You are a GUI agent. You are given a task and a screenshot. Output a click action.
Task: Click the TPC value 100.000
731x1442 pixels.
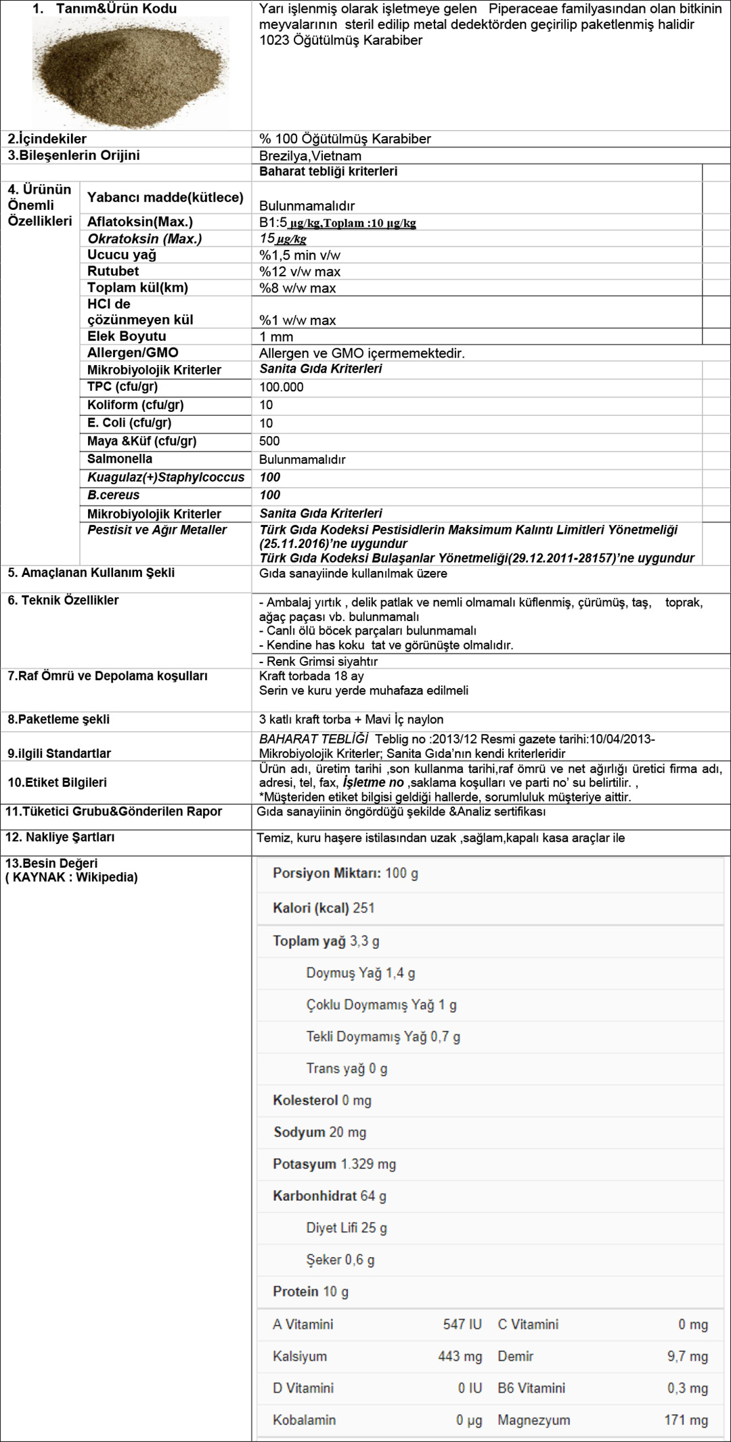coord(282,387)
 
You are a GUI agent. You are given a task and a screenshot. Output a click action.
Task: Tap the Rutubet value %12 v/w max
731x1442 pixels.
coord(300,272)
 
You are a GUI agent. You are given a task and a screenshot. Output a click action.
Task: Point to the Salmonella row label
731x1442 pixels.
coord(120,459)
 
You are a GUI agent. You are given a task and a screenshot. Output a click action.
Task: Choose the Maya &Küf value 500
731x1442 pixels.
coord(269,441)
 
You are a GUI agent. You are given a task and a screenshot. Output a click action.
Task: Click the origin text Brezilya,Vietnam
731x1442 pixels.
coord(310,156)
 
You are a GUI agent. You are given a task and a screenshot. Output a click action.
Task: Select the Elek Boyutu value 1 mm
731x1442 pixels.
coord(276,337)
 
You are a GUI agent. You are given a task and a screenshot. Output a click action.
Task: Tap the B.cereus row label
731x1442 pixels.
coord(113,495)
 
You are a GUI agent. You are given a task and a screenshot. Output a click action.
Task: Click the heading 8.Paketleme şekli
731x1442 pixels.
coord(59,719)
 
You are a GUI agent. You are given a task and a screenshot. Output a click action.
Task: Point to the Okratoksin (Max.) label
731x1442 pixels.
coord(145,238)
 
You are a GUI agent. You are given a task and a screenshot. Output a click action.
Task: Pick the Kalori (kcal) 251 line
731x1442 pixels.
coord(324,908)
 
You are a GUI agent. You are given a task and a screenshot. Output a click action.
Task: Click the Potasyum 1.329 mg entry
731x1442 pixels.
coord(334,1164)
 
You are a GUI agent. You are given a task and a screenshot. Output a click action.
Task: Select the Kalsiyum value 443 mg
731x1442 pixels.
coord(460,1356)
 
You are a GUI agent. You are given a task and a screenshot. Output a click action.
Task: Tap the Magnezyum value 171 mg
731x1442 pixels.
coord(686,1420)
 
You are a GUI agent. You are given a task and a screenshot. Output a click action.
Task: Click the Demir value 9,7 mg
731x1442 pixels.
coord(688,1356)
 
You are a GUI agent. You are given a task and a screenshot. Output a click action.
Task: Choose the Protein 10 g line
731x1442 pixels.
coord(311,1291)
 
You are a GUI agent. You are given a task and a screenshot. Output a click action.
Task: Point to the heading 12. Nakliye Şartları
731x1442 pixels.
coord(60,837)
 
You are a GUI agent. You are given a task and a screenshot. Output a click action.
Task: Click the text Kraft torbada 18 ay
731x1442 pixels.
coord(311,676)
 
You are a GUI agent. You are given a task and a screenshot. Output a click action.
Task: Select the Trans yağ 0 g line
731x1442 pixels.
coord(347,1068)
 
